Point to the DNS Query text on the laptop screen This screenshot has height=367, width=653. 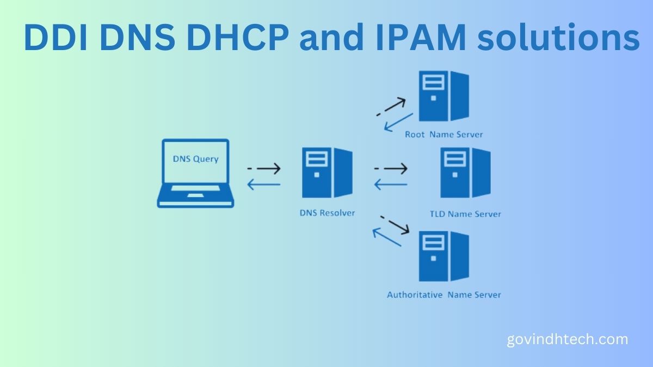click(195, 159)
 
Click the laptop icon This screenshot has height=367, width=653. click(195, 173)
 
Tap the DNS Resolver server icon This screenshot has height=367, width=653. click(327, 173)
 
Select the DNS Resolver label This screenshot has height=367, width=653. click(327, 212)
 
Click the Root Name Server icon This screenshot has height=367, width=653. click(443, 96)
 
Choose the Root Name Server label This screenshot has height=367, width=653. click(443, 134)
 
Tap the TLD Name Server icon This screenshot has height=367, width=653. click(465, 173)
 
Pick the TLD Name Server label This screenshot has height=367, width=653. click(465, 214)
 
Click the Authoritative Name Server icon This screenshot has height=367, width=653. click(443, 256)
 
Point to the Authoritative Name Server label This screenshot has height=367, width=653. click(443, 295)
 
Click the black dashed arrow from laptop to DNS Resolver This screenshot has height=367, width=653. click(263, 169)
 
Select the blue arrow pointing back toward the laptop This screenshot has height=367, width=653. click(263, 185)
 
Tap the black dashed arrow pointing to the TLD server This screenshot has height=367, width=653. click(391, 169)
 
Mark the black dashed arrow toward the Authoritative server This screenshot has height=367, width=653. click(395, 224)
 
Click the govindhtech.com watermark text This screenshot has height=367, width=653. click(567, 340)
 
